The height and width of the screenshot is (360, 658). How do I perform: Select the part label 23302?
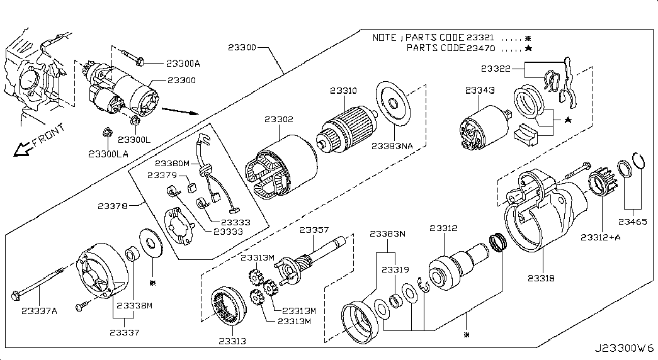[278, 119]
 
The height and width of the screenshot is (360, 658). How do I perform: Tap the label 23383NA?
[392, 145]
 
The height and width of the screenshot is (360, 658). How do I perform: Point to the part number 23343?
[480, 91]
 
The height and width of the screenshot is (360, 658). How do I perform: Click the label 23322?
[495, 68]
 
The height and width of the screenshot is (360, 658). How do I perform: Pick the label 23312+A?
[600, 237]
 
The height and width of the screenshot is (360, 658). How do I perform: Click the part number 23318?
[541, 277]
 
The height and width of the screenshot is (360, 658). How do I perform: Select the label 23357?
[314, 230]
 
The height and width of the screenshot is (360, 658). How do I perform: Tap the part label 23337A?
[40, 310]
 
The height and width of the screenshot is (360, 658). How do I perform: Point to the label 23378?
[113, 205]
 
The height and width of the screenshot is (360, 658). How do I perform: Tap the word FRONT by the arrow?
[48, 135]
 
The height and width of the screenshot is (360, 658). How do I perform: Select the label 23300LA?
[108, 153]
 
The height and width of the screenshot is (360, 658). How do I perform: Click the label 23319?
[395, 269]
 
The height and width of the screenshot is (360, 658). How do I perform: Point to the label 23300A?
[183, 64]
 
